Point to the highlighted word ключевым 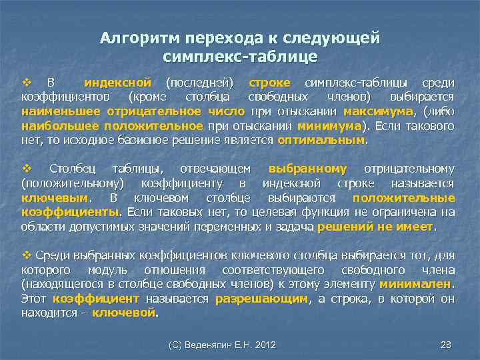[x=54, y=198]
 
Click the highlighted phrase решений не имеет [x=375, y=227]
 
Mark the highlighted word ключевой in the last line [x=123, y=313]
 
